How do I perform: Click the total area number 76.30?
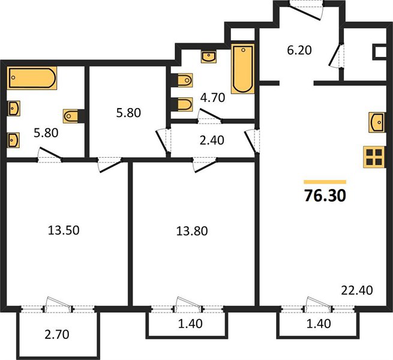click(325, 196)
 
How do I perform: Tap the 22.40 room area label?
click(357, 290)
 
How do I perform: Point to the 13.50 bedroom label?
click(64, 230)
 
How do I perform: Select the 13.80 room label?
click(192, 231)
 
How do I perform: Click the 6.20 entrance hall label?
click(299, 50)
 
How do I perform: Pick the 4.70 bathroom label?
click(212, 98)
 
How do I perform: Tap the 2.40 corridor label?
click(212, 140)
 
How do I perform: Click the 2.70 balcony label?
click(57, 334)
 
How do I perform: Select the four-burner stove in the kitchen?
click(374, 157)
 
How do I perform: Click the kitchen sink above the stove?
click(376, 122)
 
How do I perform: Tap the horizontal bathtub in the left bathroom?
click(32, 78)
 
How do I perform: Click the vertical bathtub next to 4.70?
click(242, 68)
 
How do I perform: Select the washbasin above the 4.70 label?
click(209, 56)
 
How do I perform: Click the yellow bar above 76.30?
click(325, 182)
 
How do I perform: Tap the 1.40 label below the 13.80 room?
click(190, 323)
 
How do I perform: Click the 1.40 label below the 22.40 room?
click(319, 323)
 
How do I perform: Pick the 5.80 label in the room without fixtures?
click(128, 113)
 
